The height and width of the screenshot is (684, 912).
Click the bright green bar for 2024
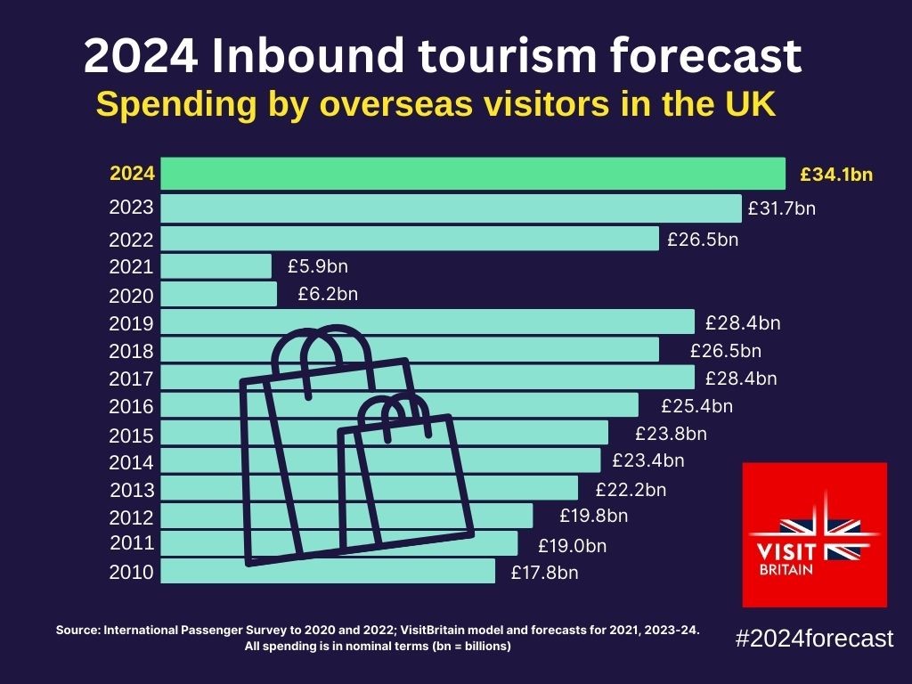(472, 174)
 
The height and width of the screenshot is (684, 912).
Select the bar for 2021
(216, 266)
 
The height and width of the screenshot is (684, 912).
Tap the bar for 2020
(219, 294)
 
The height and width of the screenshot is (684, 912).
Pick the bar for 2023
(451, 208)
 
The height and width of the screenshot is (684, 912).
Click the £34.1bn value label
(836, 175)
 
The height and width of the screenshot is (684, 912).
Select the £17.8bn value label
(544, 573)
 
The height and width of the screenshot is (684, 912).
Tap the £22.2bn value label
(631, 489)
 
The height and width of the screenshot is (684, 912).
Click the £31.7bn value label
(781, 209)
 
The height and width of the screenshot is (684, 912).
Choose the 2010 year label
(132, 572)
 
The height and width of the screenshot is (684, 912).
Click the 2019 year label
(132, 323)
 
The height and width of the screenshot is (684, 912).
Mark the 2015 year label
(132, 436)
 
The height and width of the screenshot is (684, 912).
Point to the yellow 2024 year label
(132, 174)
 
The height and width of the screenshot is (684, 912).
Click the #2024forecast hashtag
(814, 638)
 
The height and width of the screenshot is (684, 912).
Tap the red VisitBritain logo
(815, 534)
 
